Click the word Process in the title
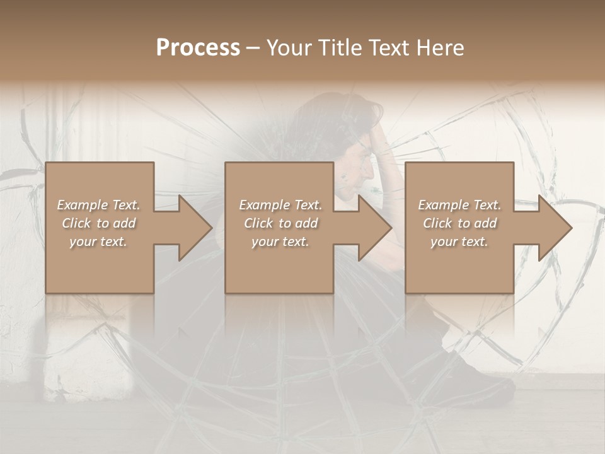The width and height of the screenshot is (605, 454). [198, 48]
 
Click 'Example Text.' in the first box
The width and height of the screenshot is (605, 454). [98, 205]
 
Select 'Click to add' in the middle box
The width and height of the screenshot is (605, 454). [280, 223]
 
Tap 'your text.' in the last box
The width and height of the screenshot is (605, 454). [459, 242]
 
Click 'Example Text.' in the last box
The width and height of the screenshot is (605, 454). [459, 205]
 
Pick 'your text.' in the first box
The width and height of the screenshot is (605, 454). [98, 242]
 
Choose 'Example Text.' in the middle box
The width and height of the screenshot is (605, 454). [280, 205]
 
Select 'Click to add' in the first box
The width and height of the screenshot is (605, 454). [98, 223]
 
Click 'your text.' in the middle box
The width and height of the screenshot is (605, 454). [280, 242]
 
